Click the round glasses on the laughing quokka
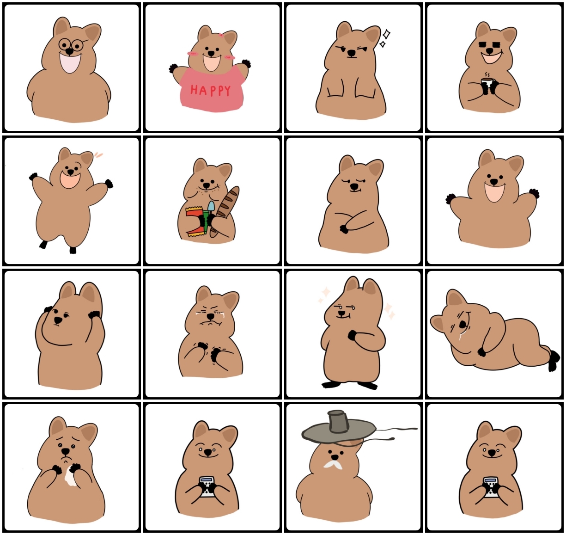click(71, 44)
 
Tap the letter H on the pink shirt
click(195, 90)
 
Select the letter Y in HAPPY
click(227, 91)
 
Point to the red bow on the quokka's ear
click(221, 35)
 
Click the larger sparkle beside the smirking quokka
click(386, 34)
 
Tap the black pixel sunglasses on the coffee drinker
click(490, 45)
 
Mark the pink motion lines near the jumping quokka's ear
click(98, 154)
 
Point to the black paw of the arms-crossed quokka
click(344, 229)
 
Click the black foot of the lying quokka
click(553, 361)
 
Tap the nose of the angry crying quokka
click(211, 316)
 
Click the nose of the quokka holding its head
click(58, 320)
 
